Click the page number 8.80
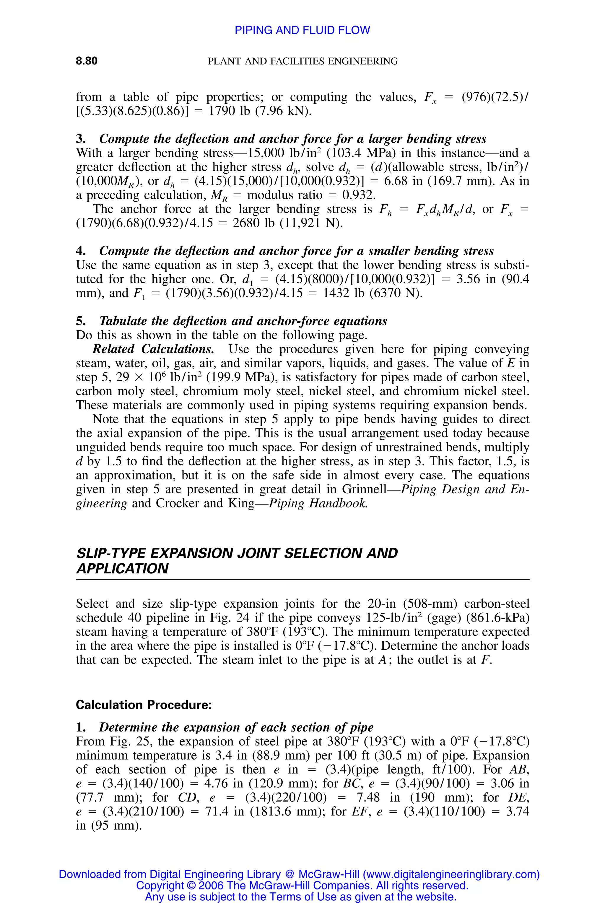point(87,61)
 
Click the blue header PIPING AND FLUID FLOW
point(302,30)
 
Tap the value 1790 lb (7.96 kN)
point(260,111)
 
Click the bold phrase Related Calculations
point(153,349)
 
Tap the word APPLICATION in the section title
point(122,569)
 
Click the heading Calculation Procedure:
point(144,705)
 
